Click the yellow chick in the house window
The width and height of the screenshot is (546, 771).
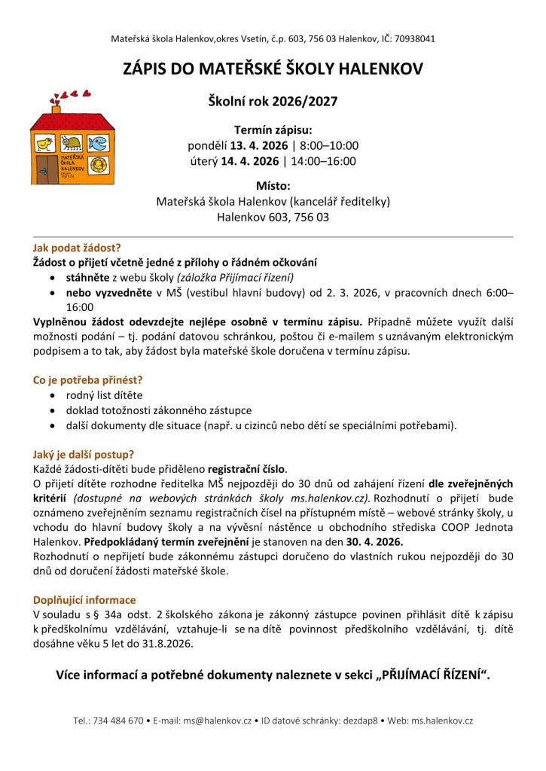point(47,142)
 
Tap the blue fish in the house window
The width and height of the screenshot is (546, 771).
point(99,142)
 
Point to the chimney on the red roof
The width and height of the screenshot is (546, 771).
point(56,111)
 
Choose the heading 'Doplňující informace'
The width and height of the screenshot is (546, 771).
point(84,600)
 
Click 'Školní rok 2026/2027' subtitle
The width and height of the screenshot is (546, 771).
point(273,100)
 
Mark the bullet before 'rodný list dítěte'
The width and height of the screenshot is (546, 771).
point(51,395)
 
